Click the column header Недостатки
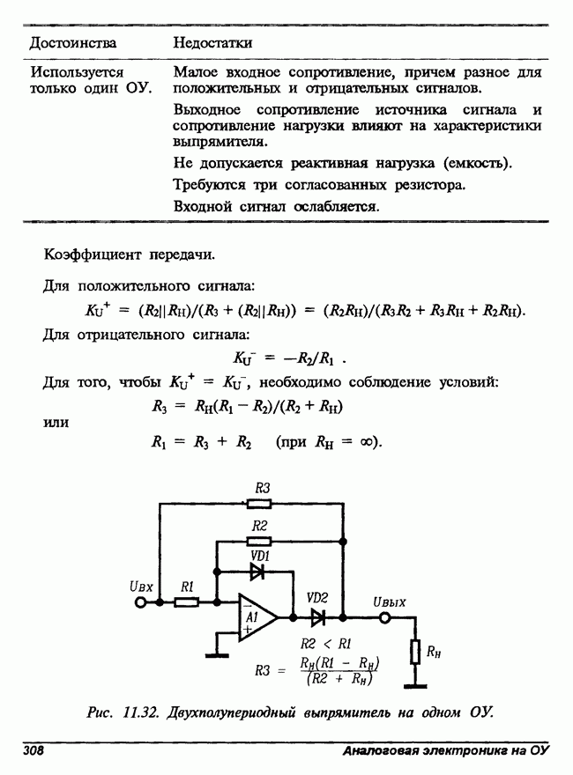(212, 42)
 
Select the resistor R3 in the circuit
(259, 504)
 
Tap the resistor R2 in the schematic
(259, 540)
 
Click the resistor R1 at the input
(187, 602)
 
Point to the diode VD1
(258, 571)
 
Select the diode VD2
(317, 617)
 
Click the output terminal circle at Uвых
(384, 617)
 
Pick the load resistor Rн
(414, 653)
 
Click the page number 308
(34, 751)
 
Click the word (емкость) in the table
(477, 164)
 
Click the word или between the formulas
(58, 423)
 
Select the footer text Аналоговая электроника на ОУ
(445, 751)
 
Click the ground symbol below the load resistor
(414, 683)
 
